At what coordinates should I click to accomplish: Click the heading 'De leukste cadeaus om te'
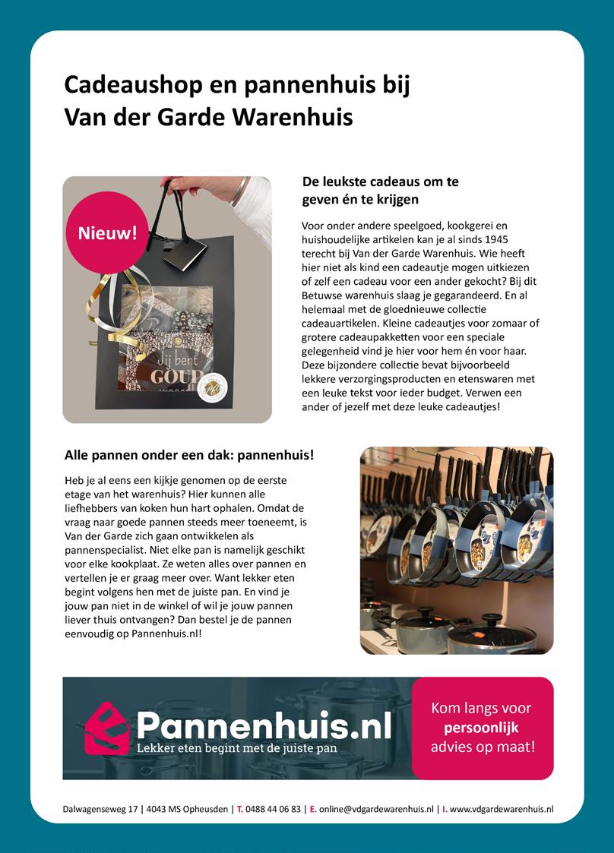(x=380, y=182)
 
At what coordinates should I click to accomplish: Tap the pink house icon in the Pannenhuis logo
(x=106, y=728)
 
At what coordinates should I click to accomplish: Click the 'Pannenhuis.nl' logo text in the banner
(x=264, y=725)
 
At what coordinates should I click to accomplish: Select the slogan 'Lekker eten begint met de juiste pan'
(x=236, y=747)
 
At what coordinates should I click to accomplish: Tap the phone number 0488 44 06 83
(x=274, y=810)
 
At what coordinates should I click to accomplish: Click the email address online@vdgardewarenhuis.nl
(x=377, y=810)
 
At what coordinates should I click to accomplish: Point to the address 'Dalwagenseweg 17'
(x=101, y=810)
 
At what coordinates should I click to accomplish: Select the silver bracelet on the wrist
(x=240, y=191)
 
